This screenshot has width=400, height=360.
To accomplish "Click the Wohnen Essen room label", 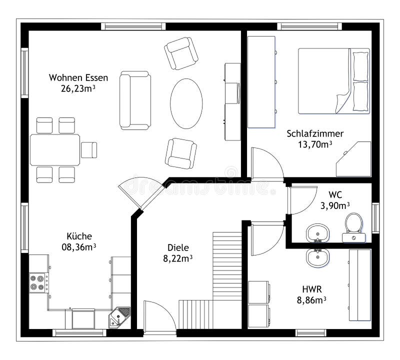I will pyautogui.click(x=72, y=77).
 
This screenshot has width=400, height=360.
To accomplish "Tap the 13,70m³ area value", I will pyautogui.click(x=315, y=144).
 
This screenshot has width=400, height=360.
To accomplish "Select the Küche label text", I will pyautogui.click(x=79, y=236).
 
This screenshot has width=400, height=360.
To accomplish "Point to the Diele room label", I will pyautogui.click(x=177, y=247).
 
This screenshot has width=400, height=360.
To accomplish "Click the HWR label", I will pyautogui.click(x=311, y=289).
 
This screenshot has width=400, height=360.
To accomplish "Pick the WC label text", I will pyautogui.click(x=334, y=194).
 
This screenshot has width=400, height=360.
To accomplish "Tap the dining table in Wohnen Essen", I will pyautogui.click(x=55, y=149).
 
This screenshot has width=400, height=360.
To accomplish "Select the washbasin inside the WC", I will pyautogui.click(x=317, y=232).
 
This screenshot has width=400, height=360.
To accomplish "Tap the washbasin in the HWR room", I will pyautogui.click(x=317, y=257).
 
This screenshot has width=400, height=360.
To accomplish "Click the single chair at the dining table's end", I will pyautogui.click(x=89, y=149).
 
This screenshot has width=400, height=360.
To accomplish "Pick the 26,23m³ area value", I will pyautogui.click(x=72, y=88).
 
